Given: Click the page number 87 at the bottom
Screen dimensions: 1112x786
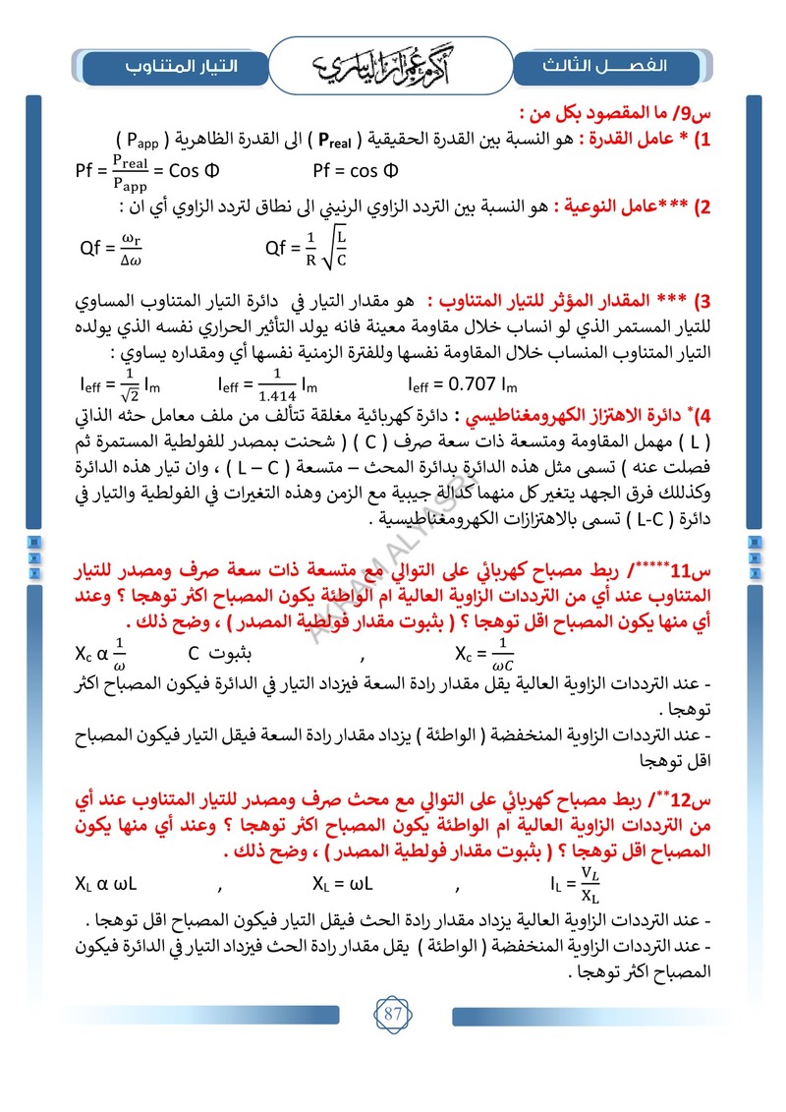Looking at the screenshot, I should click(393, 1014).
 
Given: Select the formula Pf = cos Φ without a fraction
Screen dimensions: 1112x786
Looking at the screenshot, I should click(355, 170).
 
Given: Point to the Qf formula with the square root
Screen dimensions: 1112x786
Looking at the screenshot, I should click(308, 248).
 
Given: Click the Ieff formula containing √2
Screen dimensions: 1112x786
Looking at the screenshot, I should click(114, 384).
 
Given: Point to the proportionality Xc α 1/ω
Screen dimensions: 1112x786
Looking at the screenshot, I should click(102, 653).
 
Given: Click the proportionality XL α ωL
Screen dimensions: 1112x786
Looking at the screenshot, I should click(106, 883).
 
